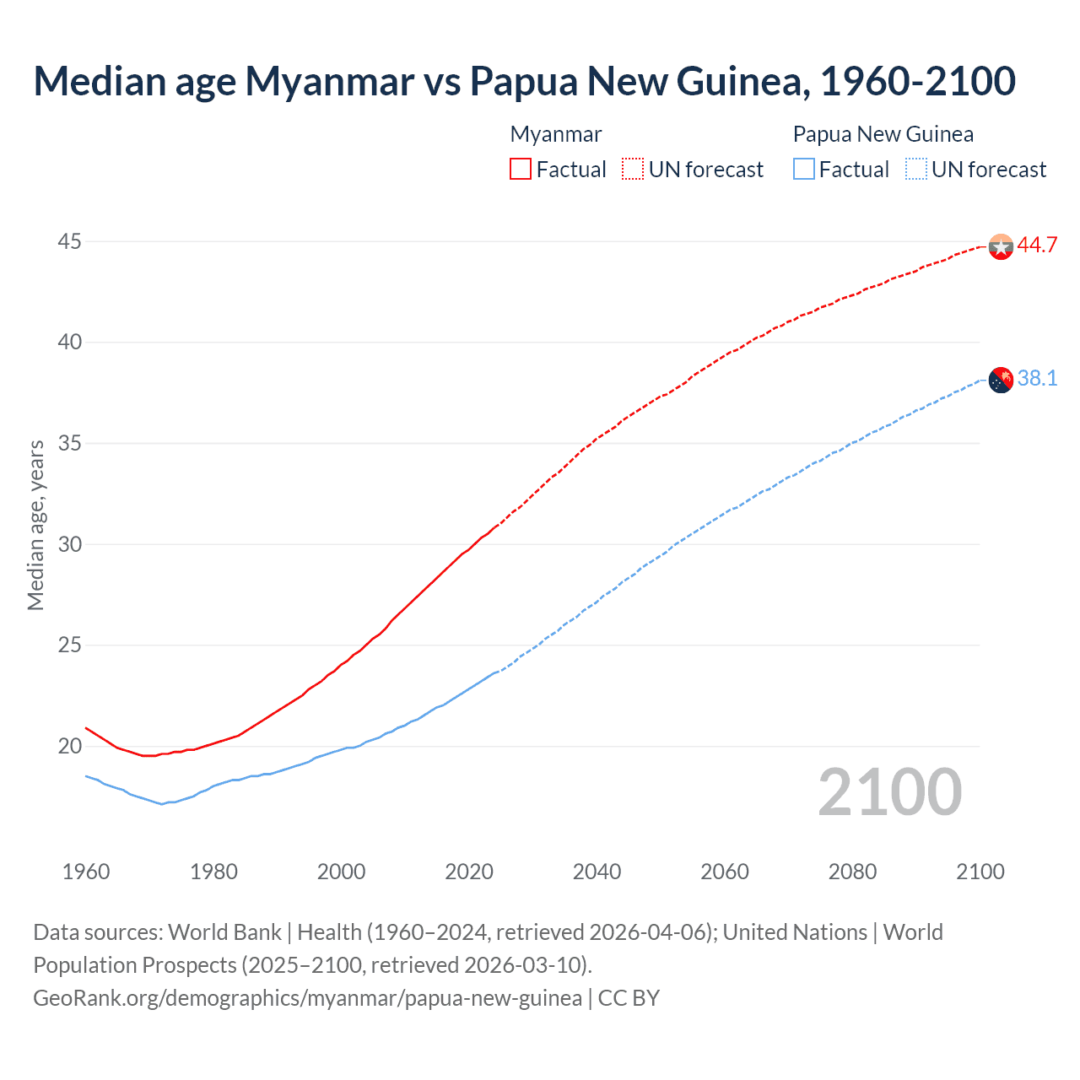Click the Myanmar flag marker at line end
pyautogui.click(x=1000, y=246)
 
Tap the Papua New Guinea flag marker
pyautogui.click(x=1000, y=380)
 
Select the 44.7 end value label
pyautogui.click(x=1037, y=246)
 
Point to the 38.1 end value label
pyautogui.click(x=1037, y=379)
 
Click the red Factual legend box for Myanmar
pyautogui.click(x=521, y=170)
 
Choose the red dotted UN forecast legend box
pyautogui.click(x=633, y=170)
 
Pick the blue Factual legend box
pyautogui.click(x=804, y=170)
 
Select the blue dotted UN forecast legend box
pyautogui.click(x=915, y=170)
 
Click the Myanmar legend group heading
pyautogui.click(x=556, y=134)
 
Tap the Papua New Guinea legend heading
pyautogui.click(x=883, y=134)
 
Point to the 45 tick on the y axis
pyautogui.click(x=69, y=242)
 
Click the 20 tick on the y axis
pyautogui.click(x=69, y=747)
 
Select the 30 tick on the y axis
pyautogui.click(x=69, y=545)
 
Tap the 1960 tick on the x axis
pyautogui.click(x=86, y=872)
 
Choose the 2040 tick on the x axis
pyautogui.click(x=597, y=872)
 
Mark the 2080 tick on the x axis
pyautogui.click(x=852, y=872)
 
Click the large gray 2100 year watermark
pyautogui.click(x=889, y=792)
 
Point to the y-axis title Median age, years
pyautogui.click(x=35, y=525)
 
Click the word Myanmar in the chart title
pyautogui.click(x=330, y=81)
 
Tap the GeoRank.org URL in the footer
pyautogui.click(x=307, y=998)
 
